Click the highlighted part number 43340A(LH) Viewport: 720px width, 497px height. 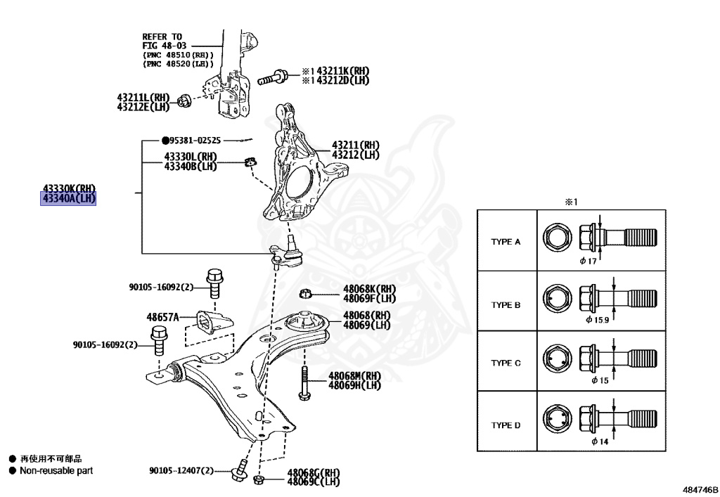click(69, 199)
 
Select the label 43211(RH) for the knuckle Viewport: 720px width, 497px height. click(355, 146)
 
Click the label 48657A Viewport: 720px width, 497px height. click(162, 317)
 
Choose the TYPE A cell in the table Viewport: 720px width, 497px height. click(506, 241)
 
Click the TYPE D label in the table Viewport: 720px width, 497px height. click(506, 425)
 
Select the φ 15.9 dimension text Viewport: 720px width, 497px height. click(597, 319)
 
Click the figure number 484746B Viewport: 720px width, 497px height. click(700, 487)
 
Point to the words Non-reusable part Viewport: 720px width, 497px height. click(56, 470)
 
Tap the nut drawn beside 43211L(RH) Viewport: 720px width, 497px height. click(182, 101)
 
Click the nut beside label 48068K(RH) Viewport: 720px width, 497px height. click(305, 292)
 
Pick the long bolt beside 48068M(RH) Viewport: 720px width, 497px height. click(304, 382)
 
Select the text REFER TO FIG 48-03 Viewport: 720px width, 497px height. click(162, 41)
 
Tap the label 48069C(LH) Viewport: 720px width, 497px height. click(313, 482)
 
